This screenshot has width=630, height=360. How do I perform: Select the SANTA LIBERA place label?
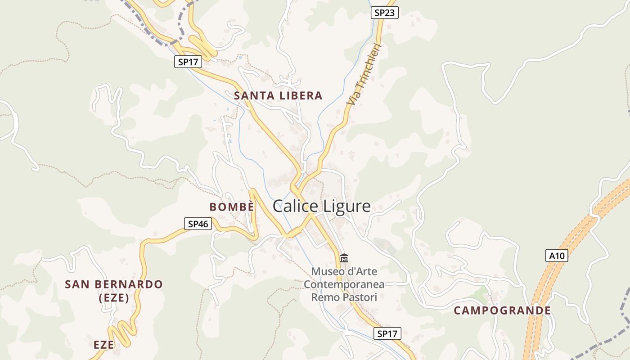[278, 95]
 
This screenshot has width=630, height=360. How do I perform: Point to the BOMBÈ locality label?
[232, 207]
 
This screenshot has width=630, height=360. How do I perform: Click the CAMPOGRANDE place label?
[502, 310]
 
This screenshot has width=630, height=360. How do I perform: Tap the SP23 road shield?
[385, 13]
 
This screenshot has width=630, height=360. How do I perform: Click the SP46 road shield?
[198, 224]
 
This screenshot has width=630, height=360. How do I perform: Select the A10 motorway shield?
[557, 256]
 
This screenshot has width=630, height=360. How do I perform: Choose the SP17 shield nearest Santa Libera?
[188, 62]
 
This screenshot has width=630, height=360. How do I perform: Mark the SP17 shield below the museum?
[387, 333]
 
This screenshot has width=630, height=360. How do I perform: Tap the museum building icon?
[344, 258]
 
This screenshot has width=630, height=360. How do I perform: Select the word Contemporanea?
[344, 284]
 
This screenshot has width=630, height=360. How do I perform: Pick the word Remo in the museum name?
[323, 297]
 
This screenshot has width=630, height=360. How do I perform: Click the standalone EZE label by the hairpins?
[103, 345]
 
